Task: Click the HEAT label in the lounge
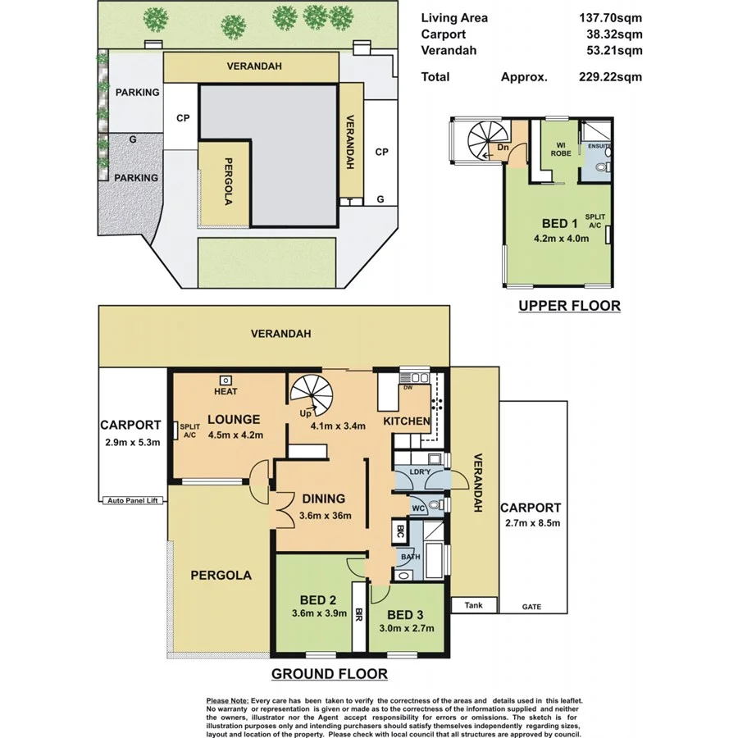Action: (225, 392)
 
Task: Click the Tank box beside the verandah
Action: (474, 606)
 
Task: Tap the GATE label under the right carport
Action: (532, 608)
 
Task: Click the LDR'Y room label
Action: (420, 472)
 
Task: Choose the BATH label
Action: (410, 558)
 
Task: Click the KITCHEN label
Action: (407, 421)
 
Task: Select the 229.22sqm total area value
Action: (609, 77)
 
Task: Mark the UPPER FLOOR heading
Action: (568, 306)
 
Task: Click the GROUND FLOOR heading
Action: (329, 675)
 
